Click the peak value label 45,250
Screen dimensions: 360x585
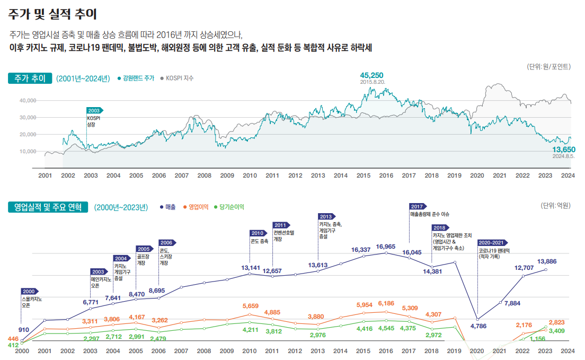[x=371, y=75]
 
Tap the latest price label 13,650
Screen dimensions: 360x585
[x=563, y=150]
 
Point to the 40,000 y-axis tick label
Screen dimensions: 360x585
[x=27, y=100]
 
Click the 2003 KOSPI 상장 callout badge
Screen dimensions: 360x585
[x=94, y=110]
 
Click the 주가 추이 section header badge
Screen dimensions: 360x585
[x=30, y=78]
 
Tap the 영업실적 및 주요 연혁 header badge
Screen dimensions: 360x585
[x=48, y=207]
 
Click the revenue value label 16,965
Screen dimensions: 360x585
[x=386, y=247]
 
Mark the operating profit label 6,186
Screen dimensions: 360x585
[x=386, y=303]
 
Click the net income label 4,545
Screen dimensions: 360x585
[x=386, y=329]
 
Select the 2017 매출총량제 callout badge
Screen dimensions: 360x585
[x=418, y=206]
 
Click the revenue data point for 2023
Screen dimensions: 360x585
[x=546, y=270]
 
